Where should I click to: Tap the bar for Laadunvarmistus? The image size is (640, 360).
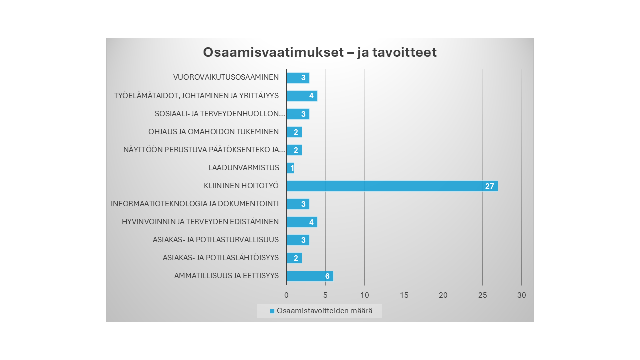point(289,168)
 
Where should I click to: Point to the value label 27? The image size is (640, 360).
point(489,186)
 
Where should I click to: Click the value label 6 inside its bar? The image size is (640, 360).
point(327,276)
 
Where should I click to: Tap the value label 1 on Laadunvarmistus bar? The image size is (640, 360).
point(292,168)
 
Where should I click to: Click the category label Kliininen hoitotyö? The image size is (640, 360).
point(241,186)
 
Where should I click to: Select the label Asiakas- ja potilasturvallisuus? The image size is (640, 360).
point(216,240)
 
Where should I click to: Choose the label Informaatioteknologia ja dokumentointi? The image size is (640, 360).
point(195,204)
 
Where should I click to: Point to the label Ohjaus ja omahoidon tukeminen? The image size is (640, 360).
point(213,132)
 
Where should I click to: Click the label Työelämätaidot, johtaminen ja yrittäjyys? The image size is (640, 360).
point(196,96)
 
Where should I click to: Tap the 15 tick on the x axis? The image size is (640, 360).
point(404,295)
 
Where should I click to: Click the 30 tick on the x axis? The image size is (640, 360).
point(521,295)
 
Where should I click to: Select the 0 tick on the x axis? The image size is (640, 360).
point(286,295)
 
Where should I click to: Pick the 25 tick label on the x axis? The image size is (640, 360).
point(482,295)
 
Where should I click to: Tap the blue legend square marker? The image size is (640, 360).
point(272,311)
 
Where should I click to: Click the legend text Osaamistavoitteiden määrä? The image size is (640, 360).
point(324,311)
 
